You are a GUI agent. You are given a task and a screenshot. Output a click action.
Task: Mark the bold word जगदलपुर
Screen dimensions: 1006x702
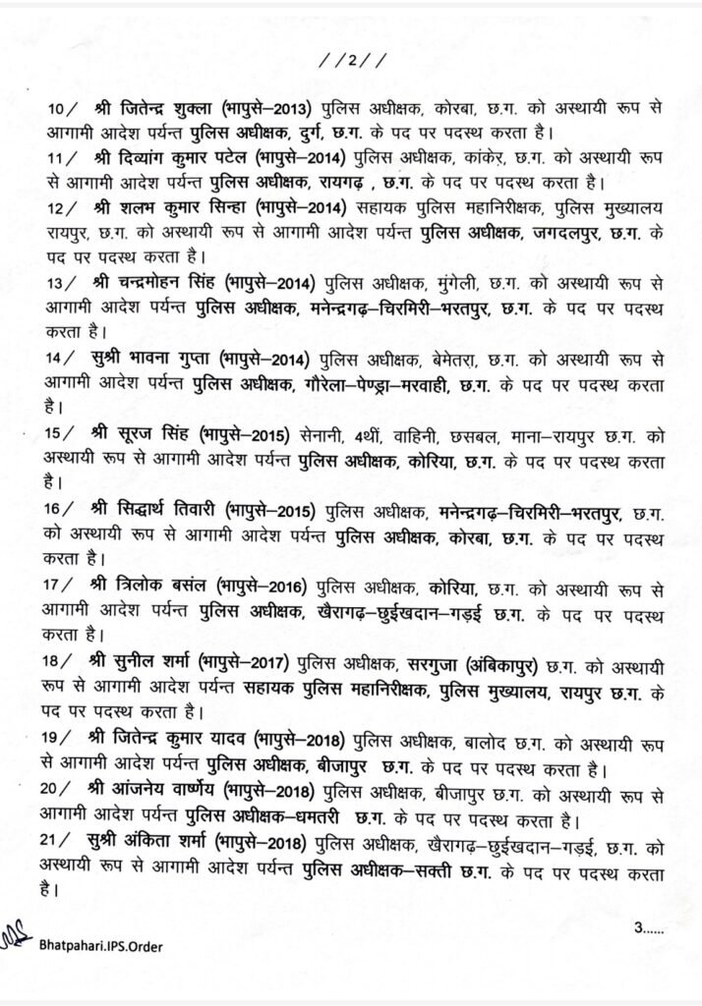coord(536,232)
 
